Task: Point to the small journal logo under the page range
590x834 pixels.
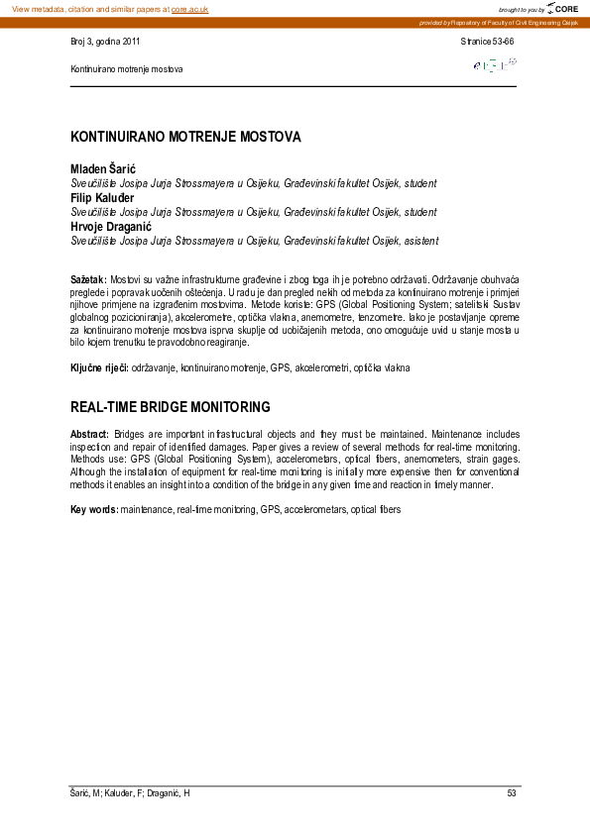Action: point(495,65)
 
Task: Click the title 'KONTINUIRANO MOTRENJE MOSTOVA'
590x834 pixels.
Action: point(185,137)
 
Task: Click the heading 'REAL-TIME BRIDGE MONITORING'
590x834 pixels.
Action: point(171,407)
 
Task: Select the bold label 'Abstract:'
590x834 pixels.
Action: point(90,435)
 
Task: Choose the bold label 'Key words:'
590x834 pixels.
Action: point(94,509)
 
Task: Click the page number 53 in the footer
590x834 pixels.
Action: point(512,794)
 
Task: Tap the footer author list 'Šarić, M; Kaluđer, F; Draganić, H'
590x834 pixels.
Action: point(130,794)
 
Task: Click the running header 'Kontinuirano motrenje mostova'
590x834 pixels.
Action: point(127,69)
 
